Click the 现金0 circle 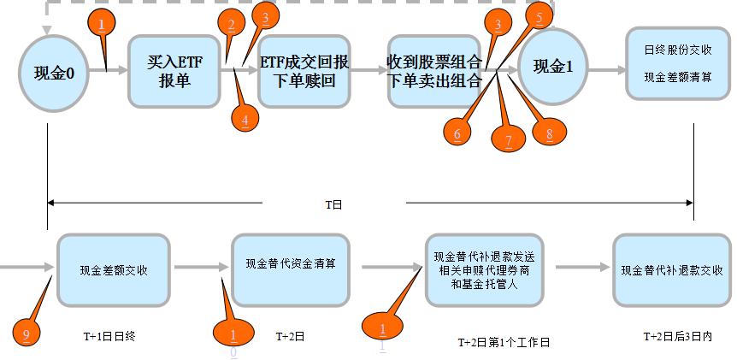[47, 72]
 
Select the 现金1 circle [552, 66]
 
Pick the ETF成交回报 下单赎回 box [305, 72]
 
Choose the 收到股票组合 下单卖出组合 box [434, 72]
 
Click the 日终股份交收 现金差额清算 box [678, 62]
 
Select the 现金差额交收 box [114, 269]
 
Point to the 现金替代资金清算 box [290, 263]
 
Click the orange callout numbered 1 [102, 23]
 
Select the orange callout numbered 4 [245, 120]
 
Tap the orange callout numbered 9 [27, 334]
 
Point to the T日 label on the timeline [333, 204]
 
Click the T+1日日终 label [104, 336]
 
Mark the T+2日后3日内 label [676, 337]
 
